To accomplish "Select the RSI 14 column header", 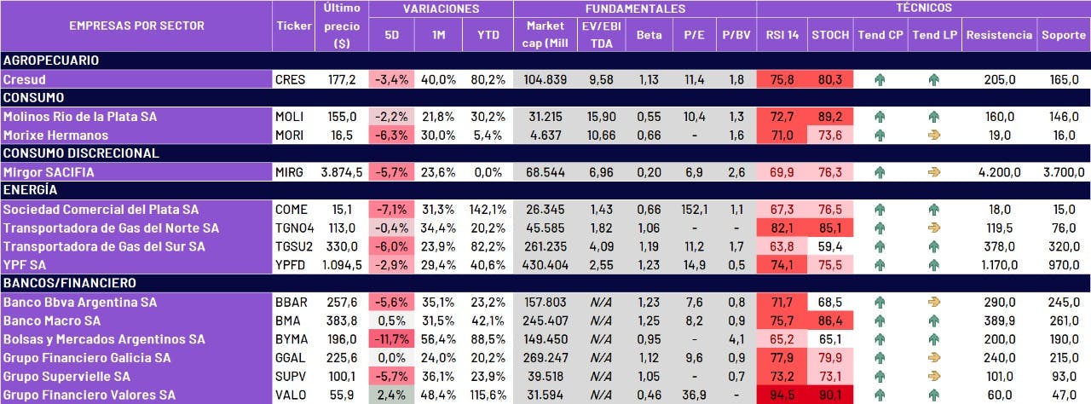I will point(781,36).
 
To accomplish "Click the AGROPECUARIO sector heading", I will point(51,61).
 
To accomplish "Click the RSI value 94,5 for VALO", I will point(781,395).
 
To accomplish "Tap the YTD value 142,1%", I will point(487,210).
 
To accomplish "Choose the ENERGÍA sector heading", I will point(31,190).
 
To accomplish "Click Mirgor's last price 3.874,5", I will point(342,172).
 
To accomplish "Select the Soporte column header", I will point(1063,36).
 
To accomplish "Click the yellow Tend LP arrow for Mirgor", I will point(933,172).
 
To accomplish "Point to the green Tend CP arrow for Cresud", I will point(880,79).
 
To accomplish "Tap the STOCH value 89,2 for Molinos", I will point(830,117).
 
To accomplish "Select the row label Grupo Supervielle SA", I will point(66,376).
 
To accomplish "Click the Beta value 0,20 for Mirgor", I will point(649,172).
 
